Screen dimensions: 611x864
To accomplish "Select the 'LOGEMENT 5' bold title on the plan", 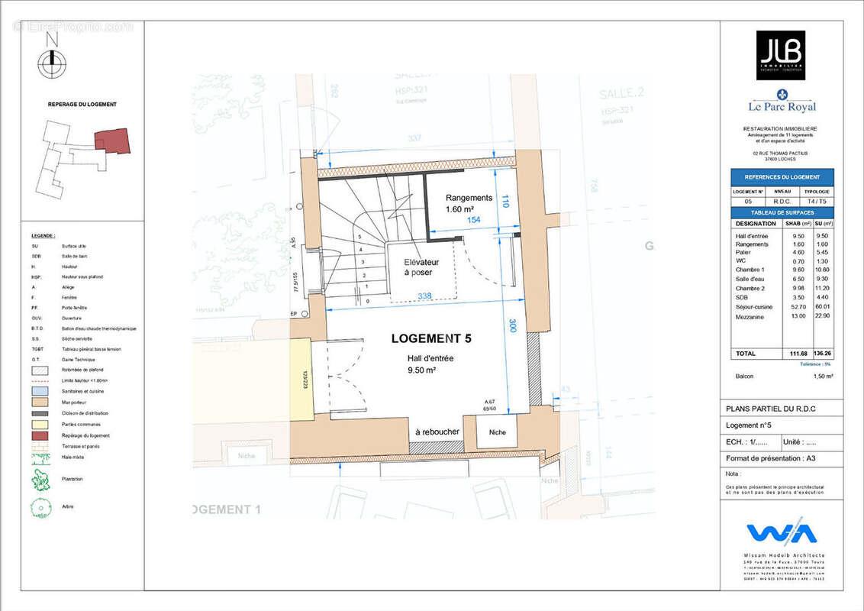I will click(431, 338).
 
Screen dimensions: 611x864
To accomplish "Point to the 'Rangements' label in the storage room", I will click(469, 198).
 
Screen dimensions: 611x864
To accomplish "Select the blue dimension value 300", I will click(513, 325).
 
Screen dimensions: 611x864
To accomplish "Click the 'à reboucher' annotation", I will click(437, 432).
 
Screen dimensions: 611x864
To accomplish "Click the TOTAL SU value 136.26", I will click(824, 354).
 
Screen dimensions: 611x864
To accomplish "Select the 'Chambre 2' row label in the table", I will click(749, 288).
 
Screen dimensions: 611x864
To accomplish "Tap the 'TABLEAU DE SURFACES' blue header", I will click(782, 212).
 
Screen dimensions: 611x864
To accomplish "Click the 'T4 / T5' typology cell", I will click(817, 202).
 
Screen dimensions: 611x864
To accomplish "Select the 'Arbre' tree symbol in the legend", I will click(40, 507).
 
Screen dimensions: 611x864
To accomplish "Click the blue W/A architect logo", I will click(782, 533).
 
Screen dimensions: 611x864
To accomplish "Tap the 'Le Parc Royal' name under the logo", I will click(782, 108).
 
